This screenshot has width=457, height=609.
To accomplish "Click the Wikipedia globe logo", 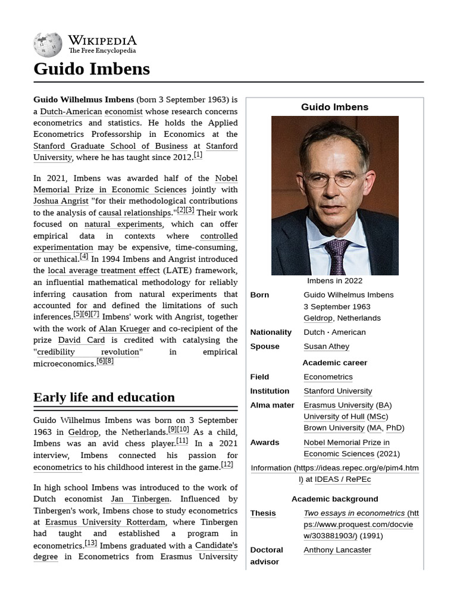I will tap(48, 45).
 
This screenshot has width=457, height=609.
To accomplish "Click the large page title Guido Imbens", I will tap(92, 69).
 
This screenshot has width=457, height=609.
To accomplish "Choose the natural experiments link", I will tap(123, 224).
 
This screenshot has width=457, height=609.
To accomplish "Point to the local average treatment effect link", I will tap(104, 271).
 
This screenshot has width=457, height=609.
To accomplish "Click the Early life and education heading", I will tap(104, 397).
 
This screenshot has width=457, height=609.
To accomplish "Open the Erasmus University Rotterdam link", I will tap(105, 522).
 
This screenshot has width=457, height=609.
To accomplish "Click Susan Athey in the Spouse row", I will tap(326, 346).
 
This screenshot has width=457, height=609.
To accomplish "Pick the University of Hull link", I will tap(334, 416).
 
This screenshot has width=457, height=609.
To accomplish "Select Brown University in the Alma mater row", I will tap(334, 428).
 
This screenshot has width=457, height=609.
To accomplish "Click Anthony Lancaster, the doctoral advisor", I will tap(337, 550).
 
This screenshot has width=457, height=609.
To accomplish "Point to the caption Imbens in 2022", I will tap(334, 281).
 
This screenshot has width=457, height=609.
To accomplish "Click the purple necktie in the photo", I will tap(337, 256).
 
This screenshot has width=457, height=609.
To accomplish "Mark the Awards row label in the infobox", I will tap(264, 442).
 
